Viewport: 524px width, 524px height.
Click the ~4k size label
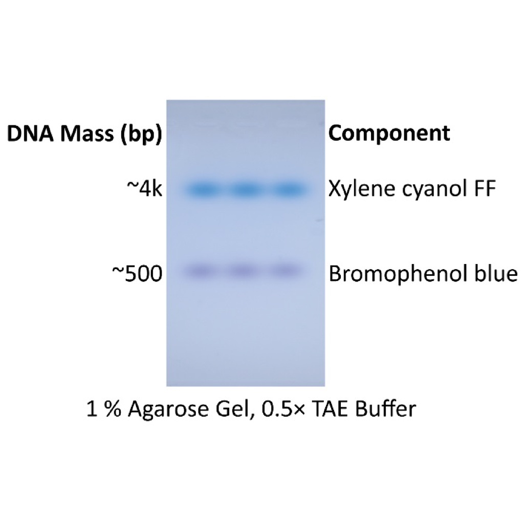click(144, 190)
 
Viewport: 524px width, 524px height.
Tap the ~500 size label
click(137, 274)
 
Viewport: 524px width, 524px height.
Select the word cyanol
click(430, 190)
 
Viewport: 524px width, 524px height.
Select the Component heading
click(389, 134)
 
